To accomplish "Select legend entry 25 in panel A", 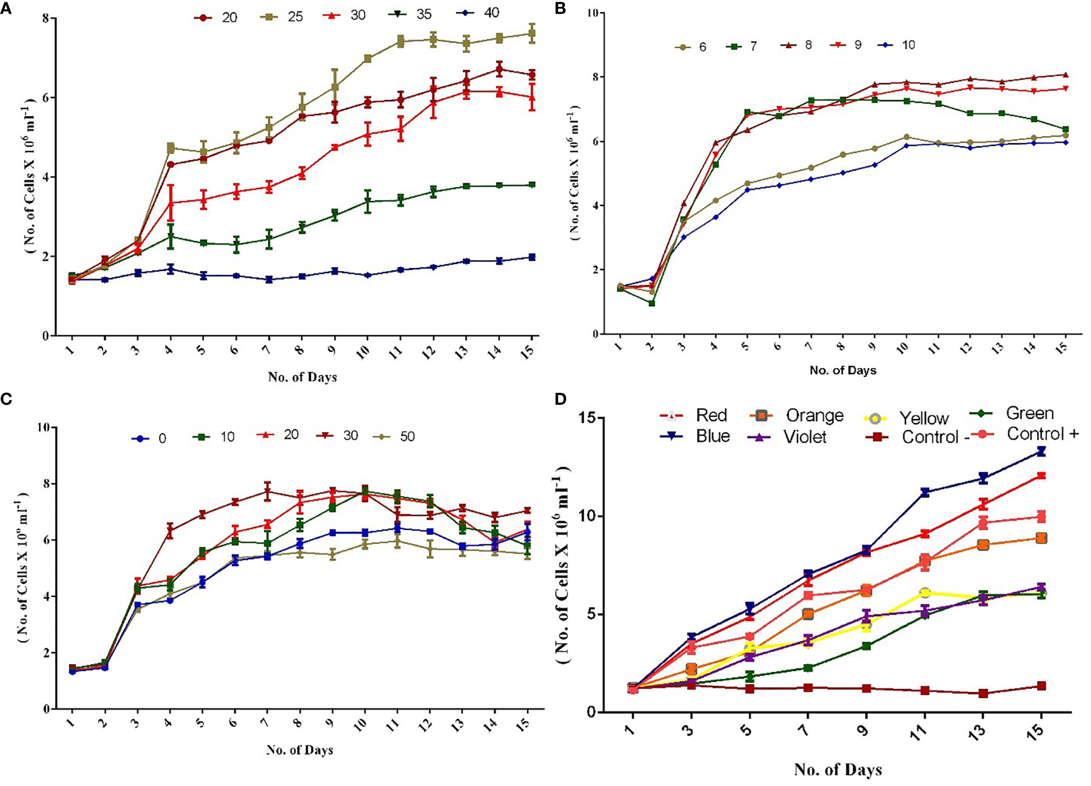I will (285, 16).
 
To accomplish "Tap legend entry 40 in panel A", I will (480, 13).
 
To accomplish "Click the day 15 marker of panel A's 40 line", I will (532, 257).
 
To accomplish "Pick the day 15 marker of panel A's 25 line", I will (532, 34).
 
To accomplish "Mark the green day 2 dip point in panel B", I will (652, 303).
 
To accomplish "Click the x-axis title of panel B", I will (842, 370).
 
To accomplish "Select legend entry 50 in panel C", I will (396, 437).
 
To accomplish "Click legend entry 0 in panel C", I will (150, 439).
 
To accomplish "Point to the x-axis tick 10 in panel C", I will (360, 724).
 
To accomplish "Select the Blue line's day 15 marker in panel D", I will (1040, 452).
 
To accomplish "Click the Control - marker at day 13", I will (983, 693).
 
